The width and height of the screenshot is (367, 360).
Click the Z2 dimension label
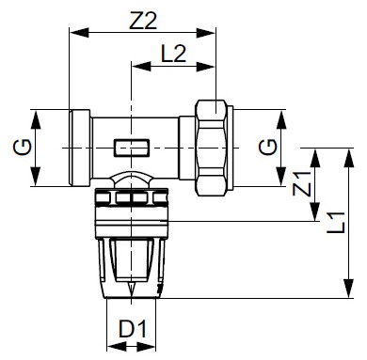pyautogui.click(x=143, y=21)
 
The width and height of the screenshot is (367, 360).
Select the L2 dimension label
pyautogui.click(x=173, y=54)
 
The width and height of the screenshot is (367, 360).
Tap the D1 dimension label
pyautogui.click(x=133, y=329)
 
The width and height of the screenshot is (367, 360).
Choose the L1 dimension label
pyautogui.click(x=336, y=223)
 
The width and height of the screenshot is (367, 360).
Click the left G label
pyautogui.click(x=23, y=148)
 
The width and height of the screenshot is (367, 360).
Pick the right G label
pyautogui.click(x=268, y=148)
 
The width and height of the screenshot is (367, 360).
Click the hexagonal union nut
pyautogui.click(x=212, y=148)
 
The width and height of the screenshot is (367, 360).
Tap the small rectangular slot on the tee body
pyautogui.click(x=132, y=148)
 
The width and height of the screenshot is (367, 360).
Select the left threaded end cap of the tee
pyautogui.click(x=80, y=148)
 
